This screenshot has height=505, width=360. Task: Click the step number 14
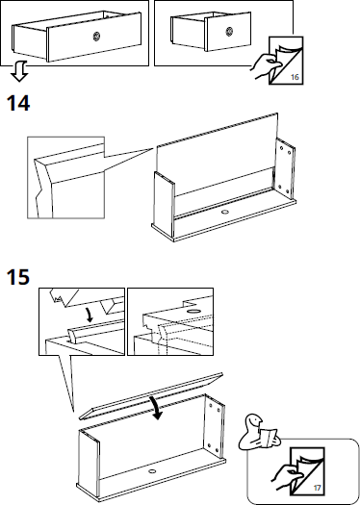(18, 103)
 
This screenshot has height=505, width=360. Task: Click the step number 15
(18, 277)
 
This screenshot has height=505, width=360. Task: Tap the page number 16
(295, 77)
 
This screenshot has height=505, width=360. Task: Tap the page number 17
(317, 489)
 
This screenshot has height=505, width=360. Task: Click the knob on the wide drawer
(96, 37)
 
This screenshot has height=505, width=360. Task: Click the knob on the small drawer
(229, 32)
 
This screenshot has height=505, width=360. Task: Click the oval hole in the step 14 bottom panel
(224, 212)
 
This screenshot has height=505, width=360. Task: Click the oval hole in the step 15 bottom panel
(152, 471)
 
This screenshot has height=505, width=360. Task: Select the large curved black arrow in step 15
(157, 408)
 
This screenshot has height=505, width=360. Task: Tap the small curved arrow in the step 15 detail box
(89, 315)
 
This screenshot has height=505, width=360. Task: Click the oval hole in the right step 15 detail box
(193, 312)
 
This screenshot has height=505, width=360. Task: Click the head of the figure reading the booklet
(254, 422)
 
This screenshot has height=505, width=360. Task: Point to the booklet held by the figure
(269, 438)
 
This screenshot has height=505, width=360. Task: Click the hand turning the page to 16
(266, 66)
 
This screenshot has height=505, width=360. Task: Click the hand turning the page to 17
(285, 477)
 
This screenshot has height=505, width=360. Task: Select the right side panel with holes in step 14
(284, 169)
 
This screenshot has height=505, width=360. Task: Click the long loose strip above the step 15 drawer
(151, 396)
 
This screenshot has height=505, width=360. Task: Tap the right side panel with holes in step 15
(213, 426)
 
